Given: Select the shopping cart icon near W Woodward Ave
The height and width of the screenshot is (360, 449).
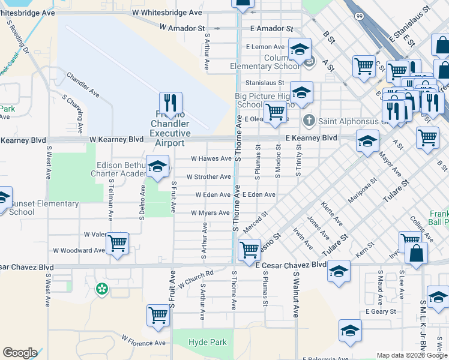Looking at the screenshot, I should [x=117, y=244].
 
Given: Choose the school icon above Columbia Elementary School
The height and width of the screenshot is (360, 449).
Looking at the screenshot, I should [x=300, y=49].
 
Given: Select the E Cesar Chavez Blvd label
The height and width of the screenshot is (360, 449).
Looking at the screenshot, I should [x=291, y=265].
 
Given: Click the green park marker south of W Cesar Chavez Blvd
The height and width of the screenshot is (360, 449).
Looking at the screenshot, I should [x=102, y=290].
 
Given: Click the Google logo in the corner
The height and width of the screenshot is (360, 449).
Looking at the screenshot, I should [x=20, y=353].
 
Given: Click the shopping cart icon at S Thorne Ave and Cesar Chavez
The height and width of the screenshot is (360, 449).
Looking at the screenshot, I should [x=249, y=250].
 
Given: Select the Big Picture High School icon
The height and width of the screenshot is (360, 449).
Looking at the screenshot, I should [x=301, y=92].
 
